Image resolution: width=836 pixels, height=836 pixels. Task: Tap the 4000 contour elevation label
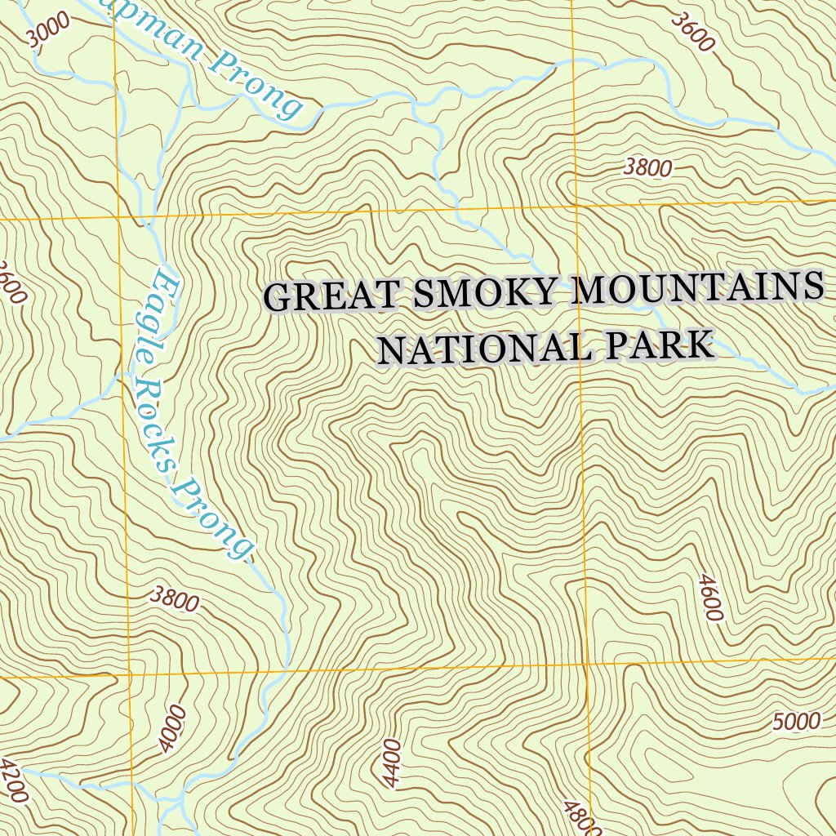(x=173, y=729)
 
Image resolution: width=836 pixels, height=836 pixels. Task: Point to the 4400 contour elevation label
(x=393, y=763)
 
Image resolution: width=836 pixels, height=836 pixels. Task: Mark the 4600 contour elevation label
(x=710, y=598)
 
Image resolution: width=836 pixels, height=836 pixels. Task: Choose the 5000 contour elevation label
(x=796, y=722)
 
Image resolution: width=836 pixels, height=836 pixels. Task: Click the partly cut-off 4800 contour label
(x=576, y=816)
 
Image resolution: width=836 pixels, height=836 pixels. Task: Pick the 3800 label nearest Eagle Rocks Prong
(x=175, y=599)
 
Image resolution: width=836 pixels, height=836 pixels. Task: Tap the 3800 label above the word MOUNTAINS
(x=647, y=168)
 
